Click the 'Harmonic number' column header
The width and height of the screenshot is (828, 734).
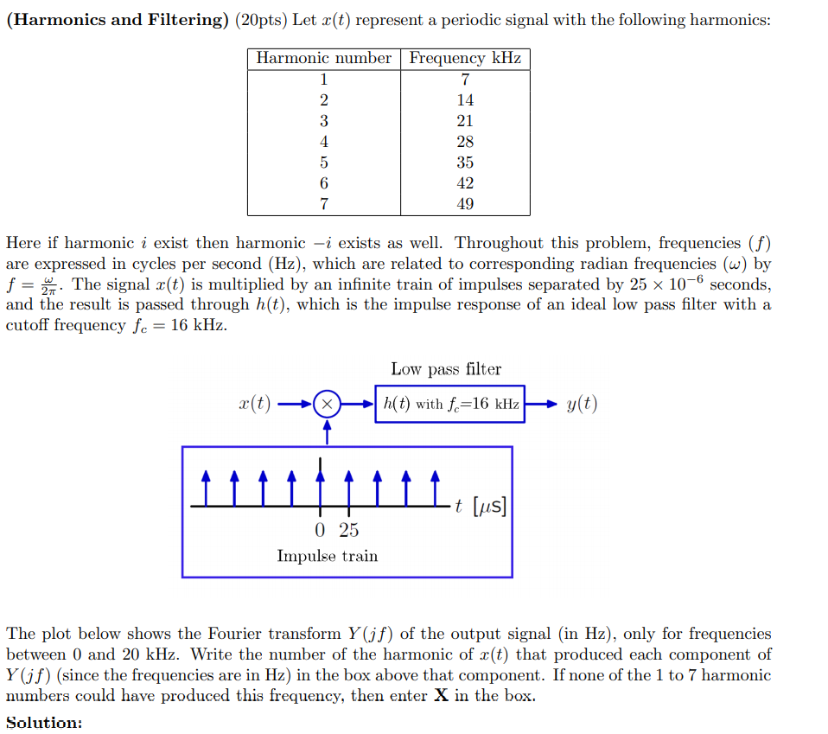point(324,58)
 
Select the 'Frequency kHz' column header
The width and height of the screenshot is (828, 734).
point(465,58)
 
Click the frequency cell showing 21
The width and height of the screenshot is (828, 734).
point(465,121)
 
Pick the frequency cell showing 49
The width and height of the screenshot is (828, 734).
point(465,204)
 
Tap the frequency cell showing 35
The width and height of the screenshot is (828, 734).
point(465,163)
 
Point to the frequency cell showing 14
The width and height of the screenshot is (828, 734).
point(465,100)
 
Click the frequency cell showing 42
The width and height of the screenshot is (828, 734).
point(465,183)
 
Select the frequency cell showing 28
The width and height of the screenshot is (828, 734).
point(465,142)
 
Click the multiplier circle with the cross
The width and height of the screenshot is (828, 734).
point(327,404)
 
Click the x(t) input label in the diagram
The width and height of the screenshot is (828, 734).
point(254,404)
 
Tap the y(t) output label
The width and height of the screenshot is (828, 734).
point(582,404)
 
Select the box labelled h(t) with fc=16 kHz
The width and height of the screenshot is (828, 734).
point(449,404)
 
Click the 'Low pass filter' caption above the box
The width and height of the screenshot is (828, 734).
point(446,369)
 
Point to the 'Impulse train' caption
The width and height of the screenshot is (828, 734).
point(327,556)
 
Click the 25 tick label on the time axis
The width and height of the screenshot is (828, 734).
point(348,530)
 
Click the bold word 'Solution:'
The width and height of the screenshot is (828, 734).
point(44,723)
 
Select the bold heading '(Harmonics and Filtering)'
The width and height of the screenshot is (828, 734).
point(116,20)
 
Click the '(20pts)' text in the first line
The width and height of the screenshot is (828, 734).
point(260,20)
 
